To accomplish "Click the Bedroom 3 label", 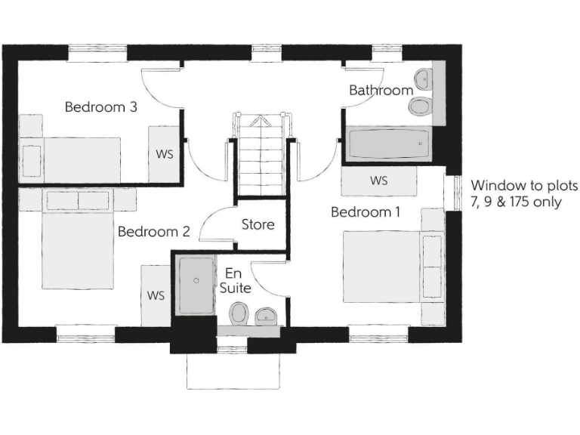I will pyautogui.click(x=100, y=107).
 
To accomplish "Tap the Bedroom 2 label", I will pyautogui.click(x=153, y=232).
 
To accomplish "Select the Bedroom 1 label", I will pyautogui.click(x=366, y=212).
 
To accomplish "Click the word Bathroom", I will pyautogui.click(x=381, y=90).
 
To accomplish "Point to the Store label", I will pyautogui.click(x=258, y=225).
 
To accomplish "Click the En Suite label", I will pyautogui.click(x=235, y=281).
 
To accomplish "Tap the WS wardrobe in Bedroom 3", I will pyautogui.click(x=165, y=154).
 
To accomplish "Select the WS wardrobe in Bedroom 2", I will pyautogui.click(x=156, y=295).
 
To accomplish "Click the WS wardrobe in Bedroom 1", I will pyautogui.click(x=379, y=181).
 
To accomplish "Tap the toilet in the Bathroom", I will pyautogui.click(x=420, y=106).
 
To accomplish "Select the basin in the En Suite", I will pyautogui.click(x=266, y=315).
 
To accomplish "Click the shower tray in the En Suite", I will pyautogui.click(x=196, y=285).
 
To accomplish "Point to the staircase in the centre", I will pyautogui.click(x=261, y=155).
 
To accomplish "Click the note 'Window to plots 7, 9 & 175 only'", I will pyautogui.click(x=524, y=194).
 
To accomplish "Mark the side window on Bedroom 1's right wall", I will pyautogui.click(x=457, y=193).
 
